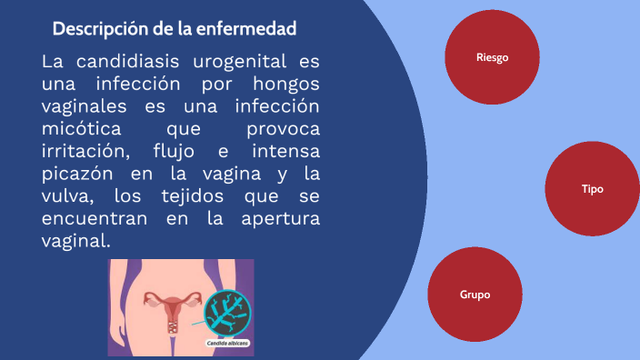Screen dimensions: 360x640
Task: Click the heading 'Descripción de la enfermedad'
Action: point(175,29)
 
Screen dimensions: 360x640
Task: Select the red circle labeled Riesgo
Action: point(492,57)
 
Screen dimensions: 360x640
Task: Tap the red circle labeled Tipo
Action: point(592,189)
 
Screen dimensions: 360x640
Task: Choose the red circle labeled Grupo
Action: point(475,295)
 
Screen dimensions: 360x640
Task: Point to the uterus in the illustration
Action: point(170,305)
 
